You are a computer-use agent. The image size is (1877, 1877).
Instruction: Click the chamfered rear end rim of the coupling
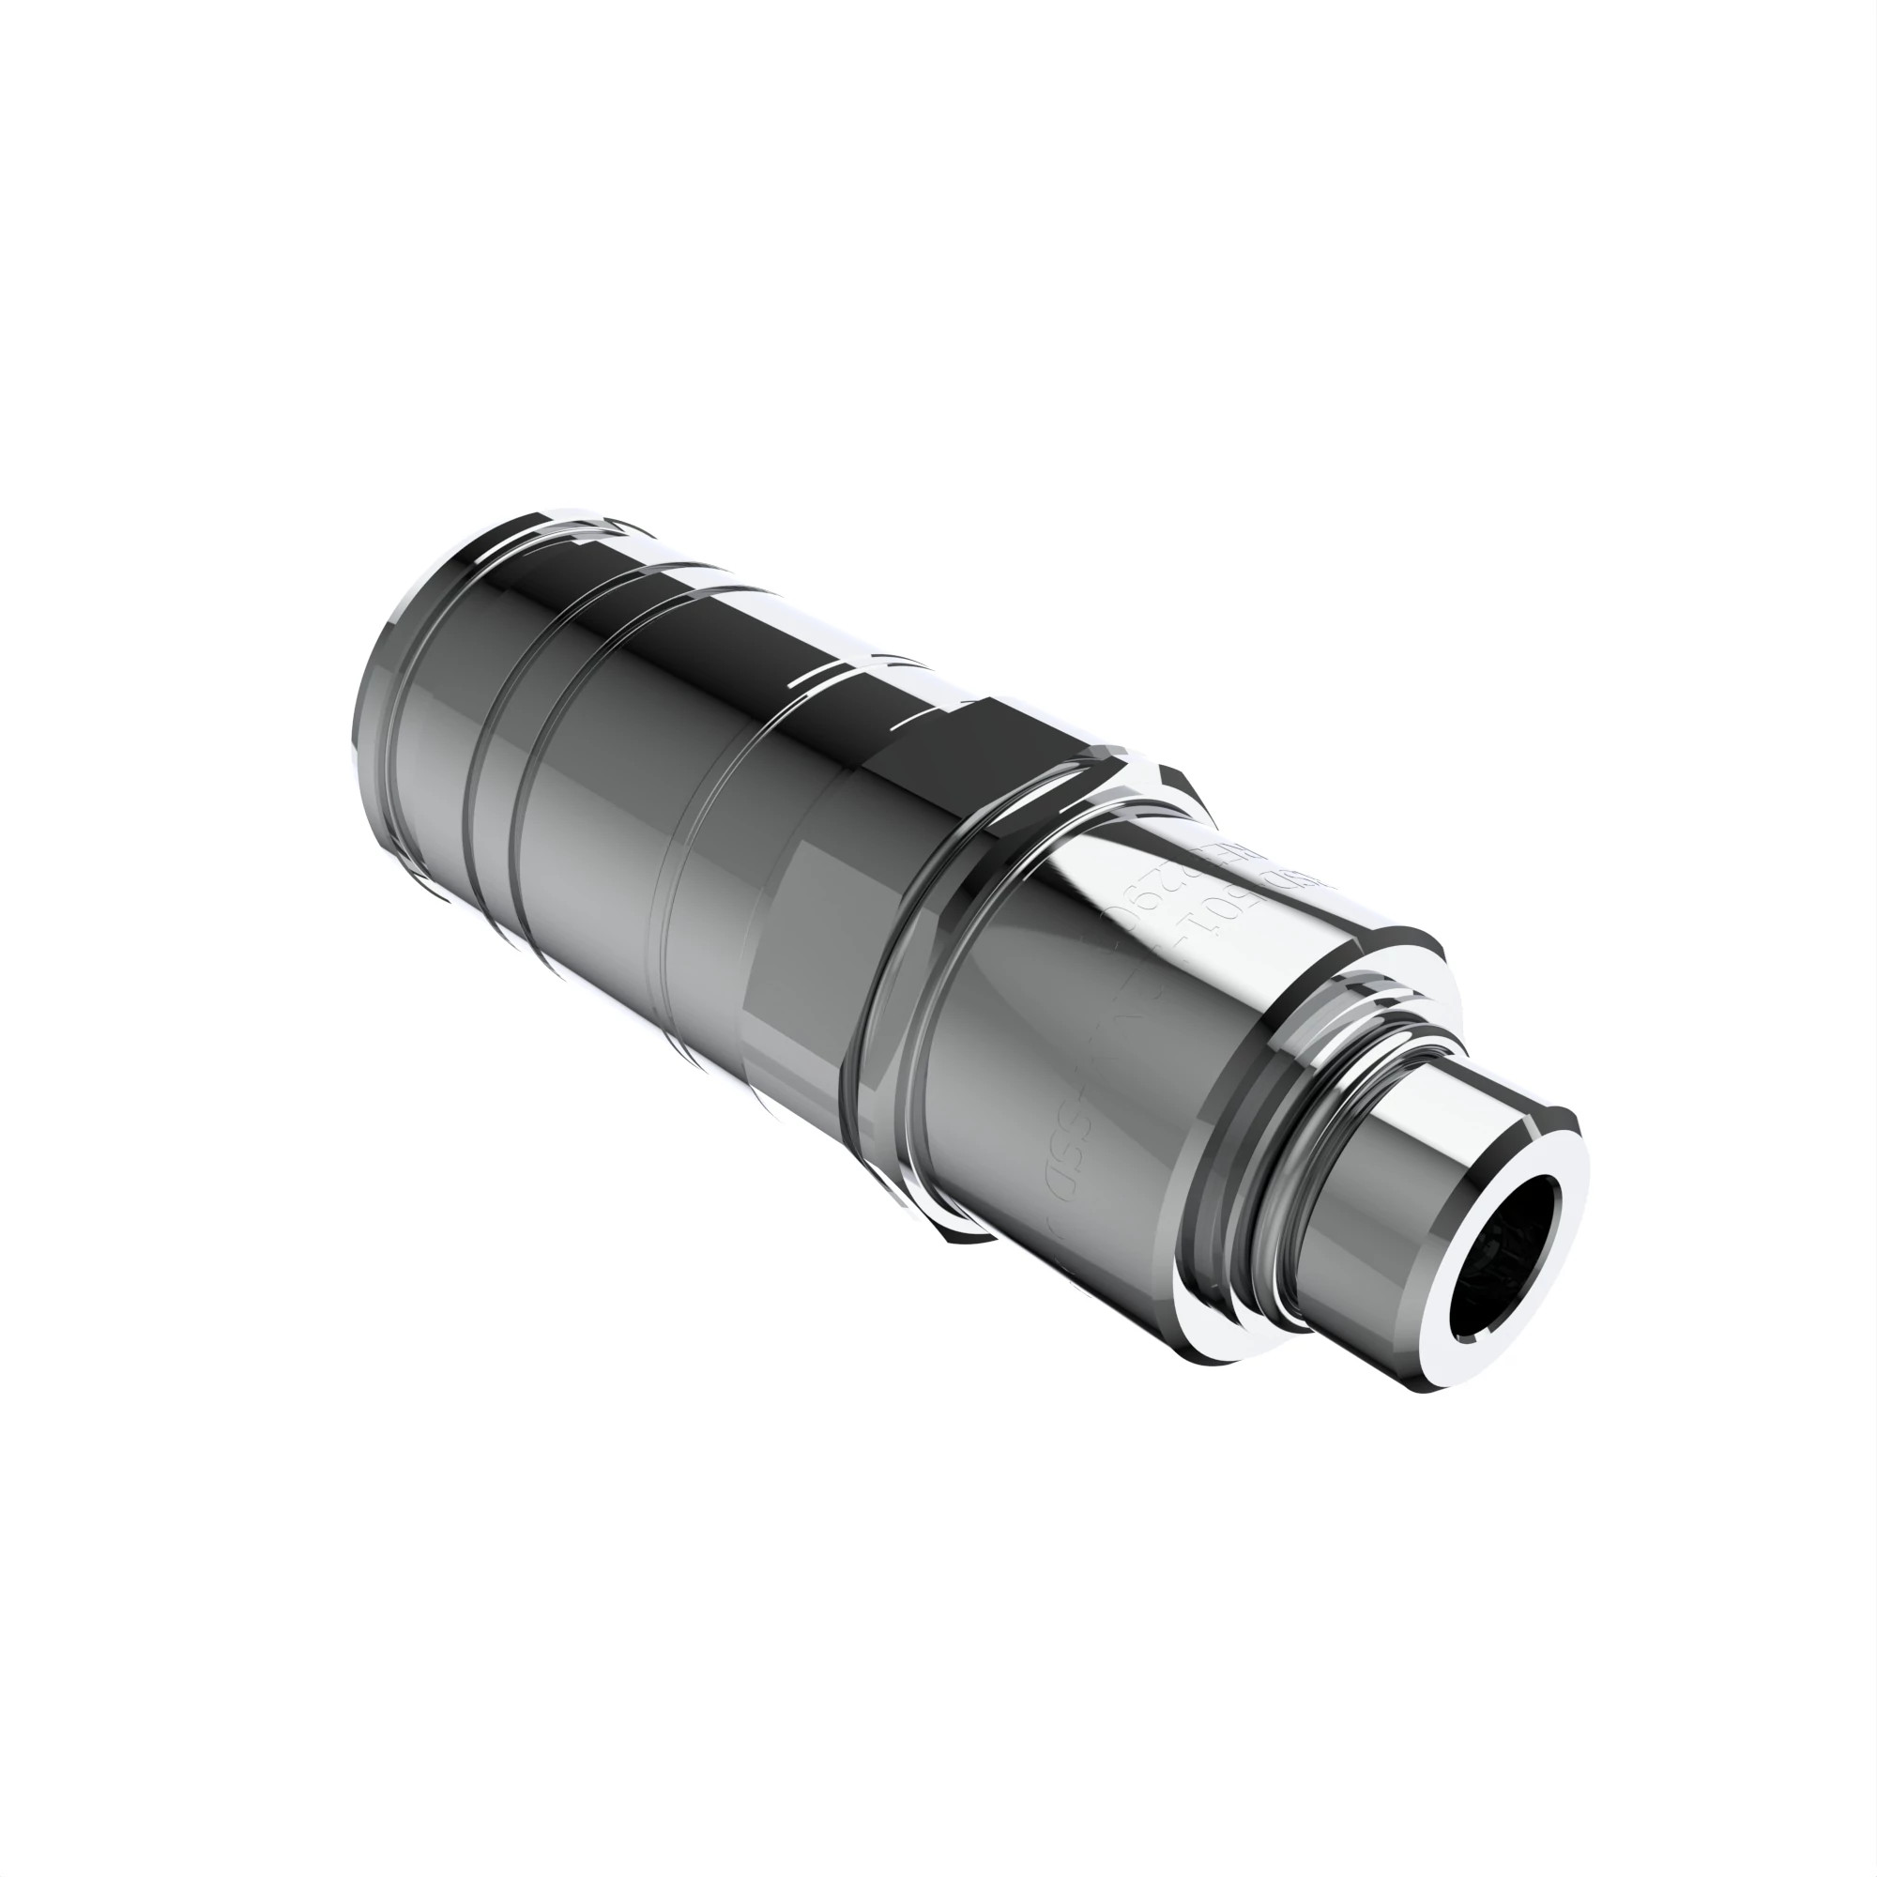[x=374, y=699]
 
